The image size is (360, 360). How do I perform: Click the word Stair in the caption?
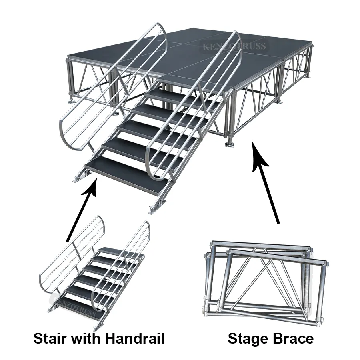tap(51, 339)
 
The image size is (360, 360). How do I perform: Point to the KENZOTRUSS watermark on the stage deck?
tap(234, 47)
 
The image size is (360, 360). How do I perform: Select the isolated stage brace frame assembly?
tap(264, 280)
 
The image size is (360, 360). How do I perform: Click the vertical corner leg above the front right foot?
tap(231, 116)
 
